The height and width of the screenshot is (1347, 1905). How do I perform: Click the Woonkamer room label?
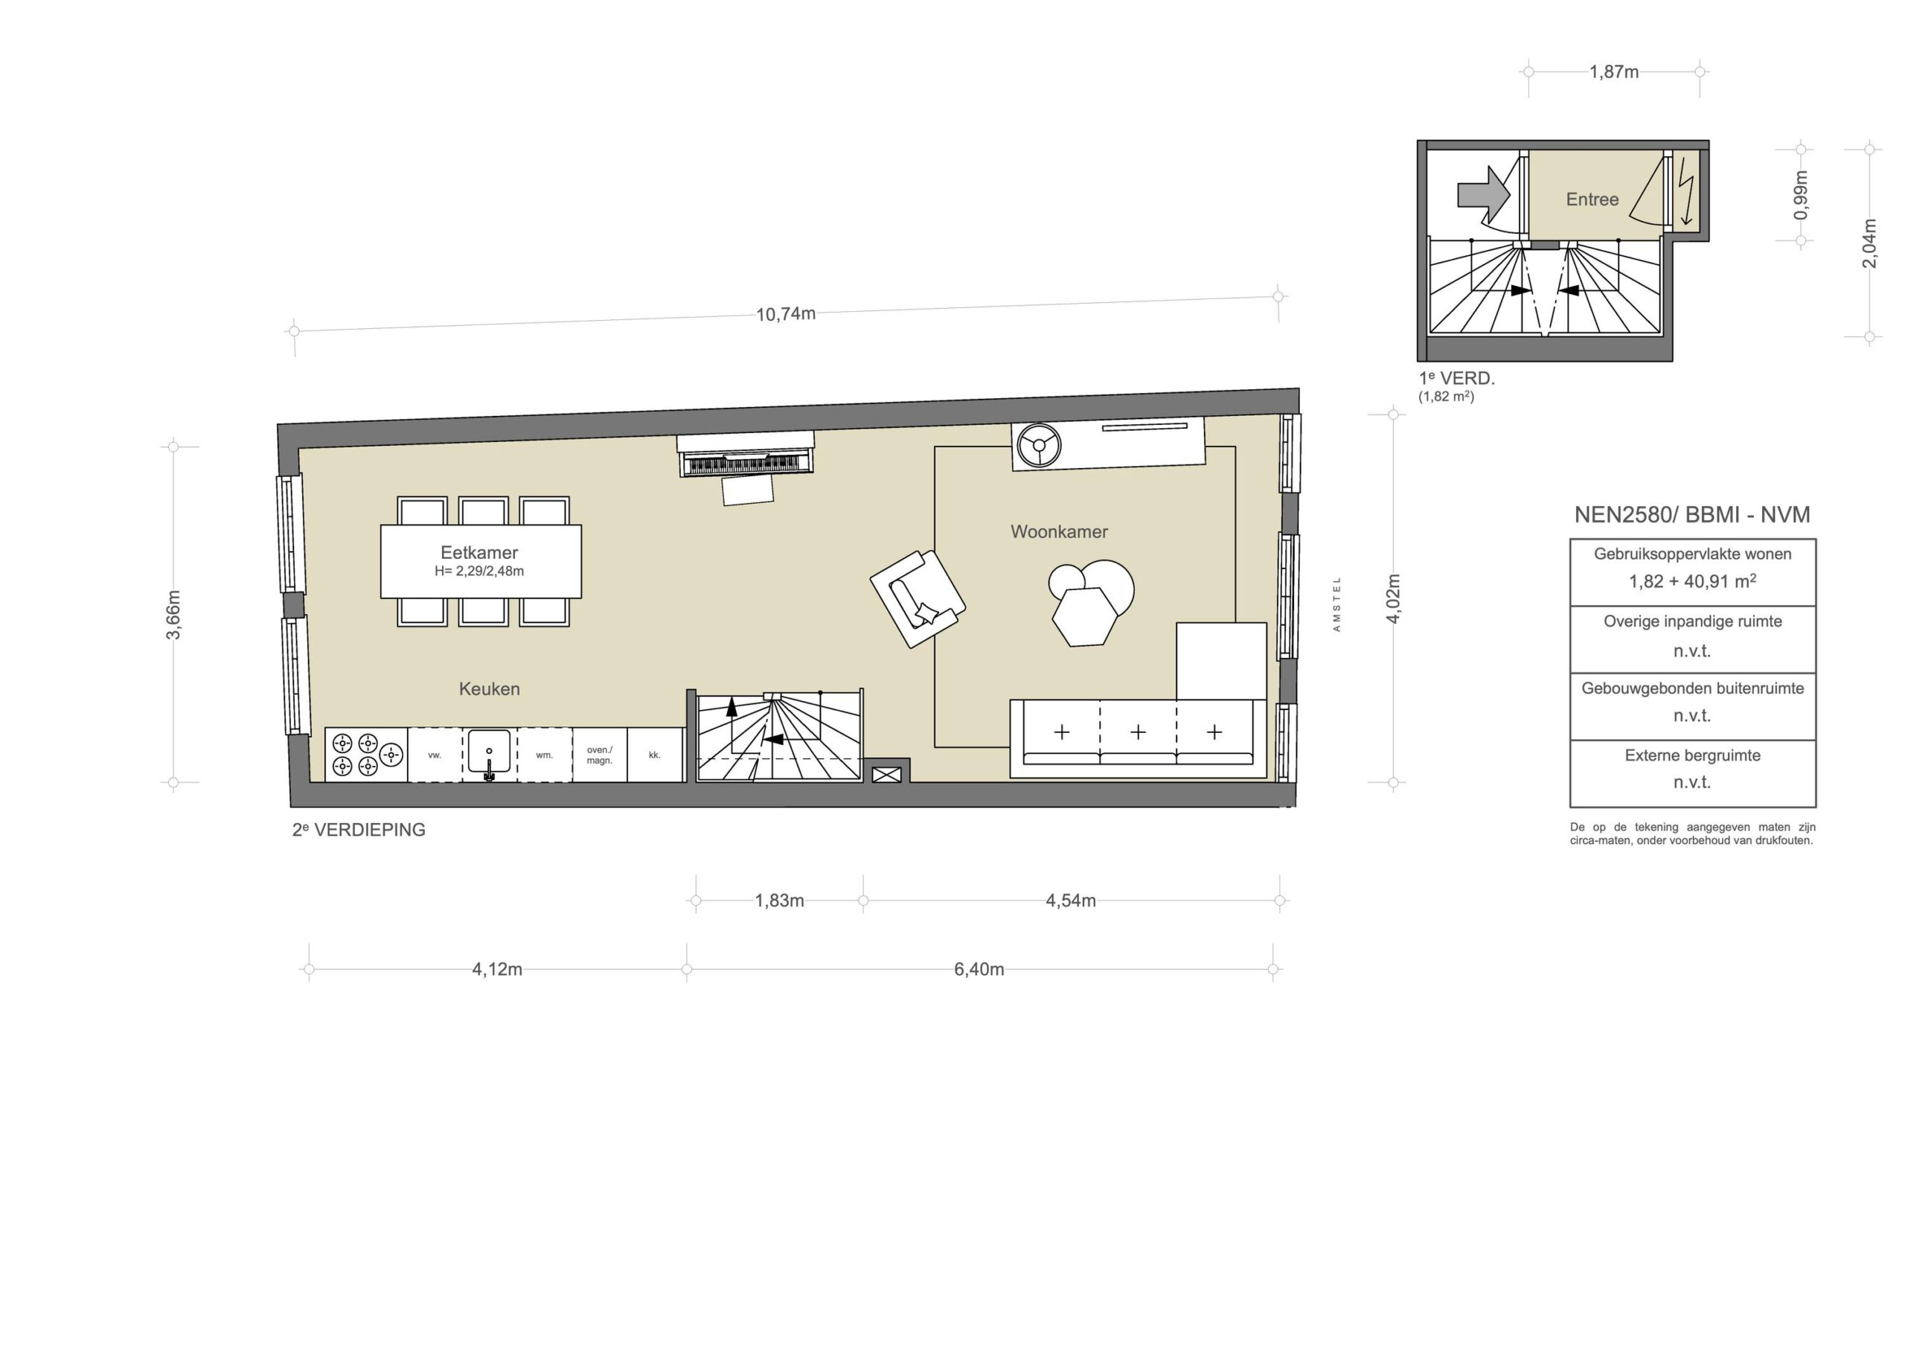click(x=1059, y=532)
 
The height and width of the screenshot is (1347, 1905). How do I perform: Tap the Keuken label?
click(x=490, y=689)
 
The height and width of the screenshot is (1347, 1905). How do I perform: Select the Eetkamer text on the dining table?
click(x=479, y=553)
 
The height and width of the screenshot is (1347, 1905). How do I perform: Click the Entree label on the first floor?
click(x=1592, y=199)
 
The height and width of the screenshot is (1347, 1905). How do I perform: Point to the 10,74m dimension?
click(x=786, y=315)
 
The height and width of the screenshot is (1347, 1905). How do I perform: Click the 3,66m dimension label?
click(x=173, y=615)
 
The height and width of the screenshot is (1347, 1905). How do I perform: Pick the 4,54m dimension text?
click(x=1070, y=901)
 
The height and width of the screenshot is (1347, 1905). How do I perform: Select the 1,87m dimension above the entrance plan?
click(x=1614, y=72)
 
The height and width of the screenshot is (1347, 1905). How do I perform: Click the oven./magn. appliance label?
click(x=599, y=755)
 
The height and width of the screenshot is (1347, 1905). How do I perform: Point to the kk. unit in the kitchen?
click(x=655, y=755)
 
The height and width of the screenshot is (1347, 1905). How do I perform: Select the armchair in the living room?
click(x=918, y=599)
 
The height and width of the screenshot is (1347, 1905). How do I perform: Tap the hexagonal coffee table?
click(x=1083, y=617)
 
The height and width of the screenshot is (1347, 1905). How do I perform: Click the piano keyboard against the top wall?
click(x=746, y=463)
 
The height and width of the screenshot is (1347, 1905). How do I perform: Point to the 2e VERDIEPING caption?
click(x=359, y=830)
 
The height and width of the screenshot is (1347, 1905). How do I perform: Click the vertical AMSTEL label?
click(x=1336, y=604)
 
